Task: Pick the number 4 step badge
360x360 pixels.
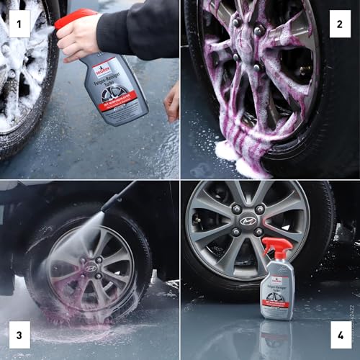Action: pos(338,334)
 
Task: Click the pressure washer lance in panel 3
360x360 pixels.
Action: pos(119,194)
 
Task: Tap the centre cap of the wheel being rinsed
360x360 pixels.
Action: pos(91,268)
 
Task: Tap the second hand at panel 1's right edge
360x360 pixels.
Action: pos(172,101)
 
